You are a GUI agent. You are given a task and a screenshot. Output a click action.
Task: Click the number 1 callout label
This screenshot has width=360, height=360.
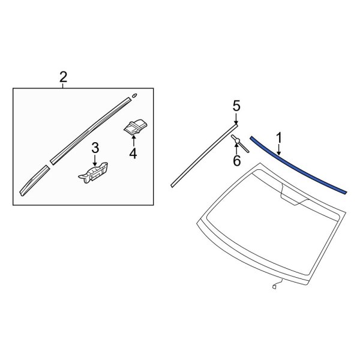[278, 138]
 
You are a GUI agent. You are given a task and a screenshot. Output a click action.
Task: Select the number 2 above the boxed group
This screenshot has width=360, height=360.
[63, 77]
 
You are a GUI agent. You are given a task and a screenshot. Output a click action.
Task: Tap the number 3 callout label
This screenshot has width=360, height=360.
[95, 148]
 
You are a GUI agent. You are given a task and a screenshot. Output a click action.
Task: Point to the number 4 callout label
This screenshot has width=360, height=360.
[133, 154]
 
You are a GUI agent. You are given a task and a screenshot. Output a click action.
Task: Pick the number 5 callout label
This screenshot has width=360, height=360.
[236, 106]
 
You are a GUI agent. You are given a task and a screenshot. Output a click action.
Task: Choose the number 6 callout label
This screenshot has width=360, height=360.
[236, 160]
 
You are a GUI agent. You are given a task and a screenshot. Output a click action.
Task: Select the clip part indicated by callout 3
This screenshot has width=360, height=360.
[94, 173]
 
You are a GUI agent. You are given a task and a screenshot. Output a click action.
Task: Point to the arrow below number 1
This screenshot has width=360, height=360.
[279, 150]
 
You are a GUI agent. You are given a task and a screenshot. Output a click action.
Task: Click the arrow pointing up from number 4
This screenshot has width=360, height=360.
[133, 140]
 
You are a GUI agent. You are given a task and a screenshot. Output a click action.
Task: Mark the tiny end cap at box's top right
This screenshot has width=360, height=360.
[134, 94]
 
